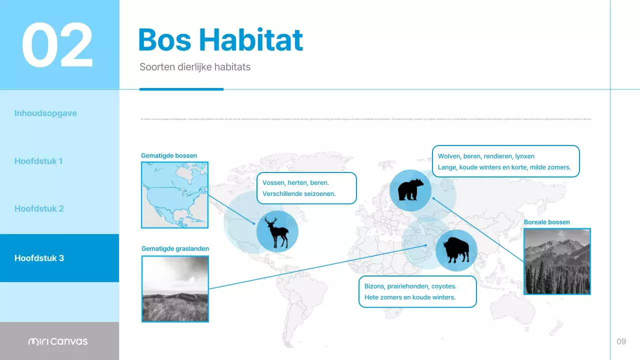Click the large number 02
pos(57,45)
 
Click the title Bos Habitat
pos(220,40)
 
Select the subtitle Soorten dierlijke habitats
pos(195,66)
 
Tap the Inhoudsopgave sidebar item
pos(45,113)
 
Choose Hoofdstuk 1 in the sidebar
pos(38,161)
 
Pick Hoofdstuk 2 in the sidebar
pos(39,208)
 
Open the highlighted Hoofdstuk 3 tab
pos(39,258)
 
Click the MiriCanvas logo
pos(58,341)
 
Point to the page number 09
pos(621,341)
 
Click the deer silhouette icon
pos(277,231)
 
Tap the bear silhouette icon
pos(410,190)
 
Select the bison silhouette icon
pos(456,250)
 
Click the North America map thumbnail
pos(175,194)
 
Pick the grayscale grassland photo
pos(175,288)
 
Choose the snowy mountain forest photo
pos(557,261)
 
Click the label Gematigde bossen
pos(169,155)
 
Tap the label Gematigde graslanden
pos(175,248)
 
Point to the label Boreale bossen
pos(546,222)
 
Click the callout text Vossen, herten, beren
pos(295,183)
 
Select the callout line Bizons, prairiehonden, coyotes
pos(407,286)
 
